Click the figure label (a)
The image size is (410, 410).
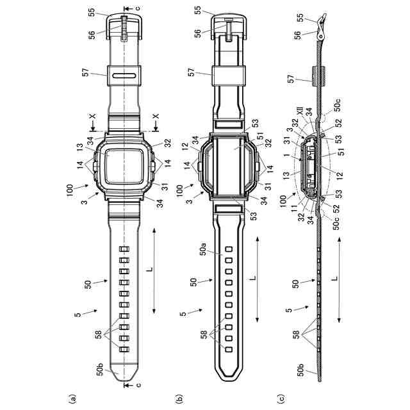click(72, 398)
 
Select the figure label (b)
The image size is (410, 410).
click(180, 398)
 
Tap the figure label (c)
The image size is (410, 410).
click(282, 398)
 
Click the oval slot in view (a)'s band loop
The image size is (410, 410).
click(124, 76)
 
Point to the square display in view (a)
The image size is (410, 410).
click(124, 167)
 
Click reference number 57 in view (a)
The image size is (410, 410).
click(85, 72)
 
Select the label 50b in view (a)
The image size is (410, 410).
click(101, 370)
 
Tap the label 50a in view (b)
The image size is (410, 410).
click(202, 249)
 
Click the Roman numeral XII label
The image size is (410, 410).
click(300, 113)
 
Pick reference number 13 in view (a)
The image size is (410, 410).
click(80, 148)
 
